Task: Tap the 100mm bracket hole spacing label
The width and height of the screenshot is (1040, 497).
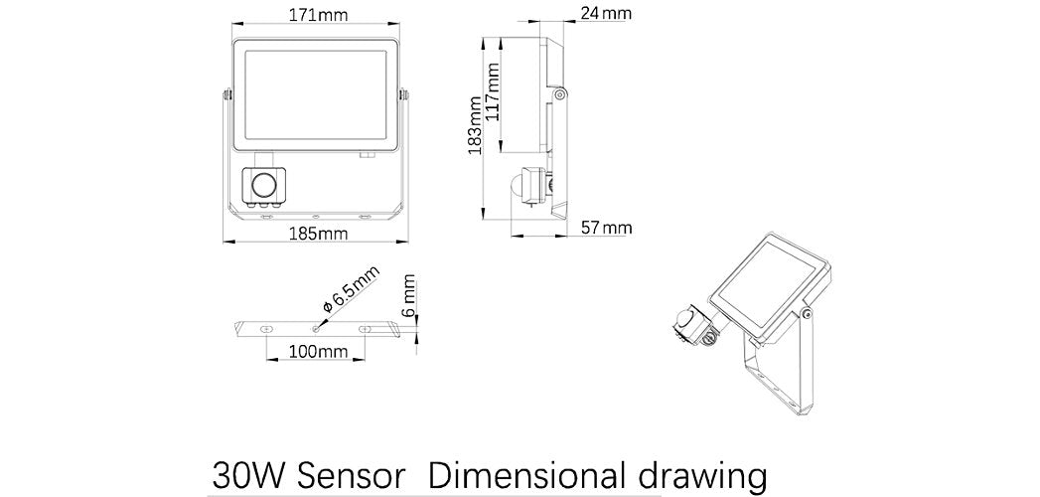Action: (319, 351)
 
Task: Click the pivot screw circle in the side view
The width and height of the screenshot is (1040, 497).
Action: (560, 94)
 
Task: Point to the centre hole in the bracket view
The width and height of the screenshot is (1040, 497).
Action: (316, 327)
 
